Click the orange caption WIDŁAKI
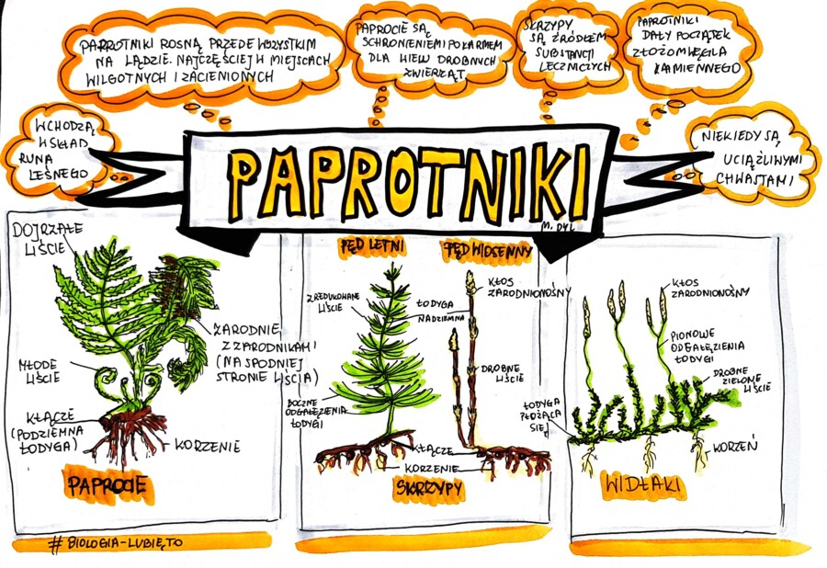tap(646, 484)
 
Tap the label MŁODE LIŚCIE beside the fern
tap(41, 370)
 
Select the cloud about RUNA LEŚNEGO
tap(57, 148)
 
